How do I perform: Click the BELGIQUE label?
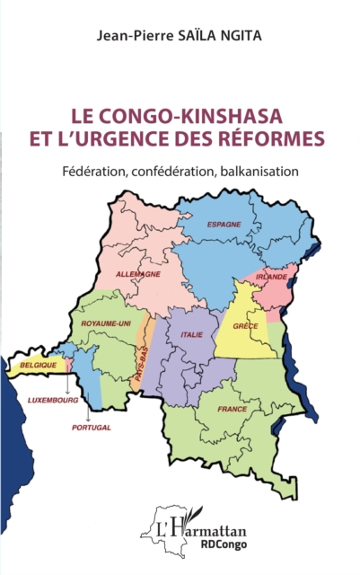[x=38, y=366]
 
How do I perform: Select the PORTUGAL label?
[x=91, y=428]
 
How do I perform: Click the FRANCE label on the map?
[x=232, y=409]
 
